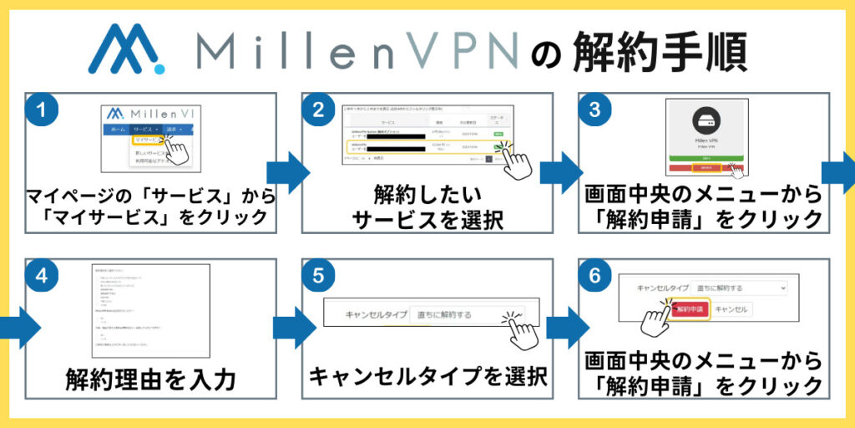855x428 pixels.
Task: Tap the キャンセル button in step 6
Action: point(731,309)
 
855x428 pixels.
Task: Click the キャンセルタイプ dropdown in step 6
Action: point(739,288)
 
